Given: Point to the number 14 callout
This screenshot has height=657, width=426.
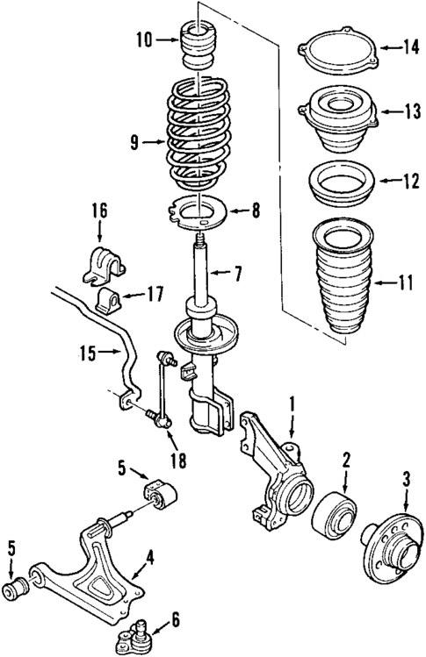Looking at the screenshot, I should click(x=408, y=46).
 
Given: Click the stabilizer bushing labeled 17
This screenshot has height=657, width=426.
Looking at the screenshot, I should click(x=108, y=297).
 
